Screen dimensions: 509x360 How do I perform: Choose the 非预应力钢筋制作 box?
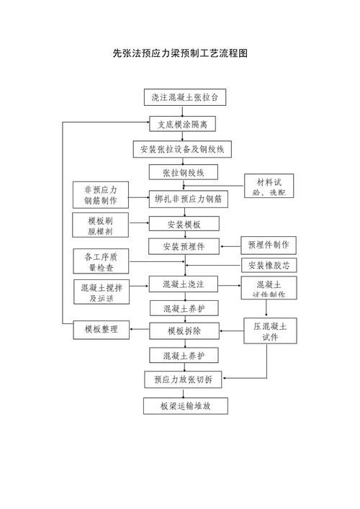click(x=101, y=195)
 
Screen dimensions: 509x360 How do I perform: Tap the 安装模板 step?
click(x=184, y=225)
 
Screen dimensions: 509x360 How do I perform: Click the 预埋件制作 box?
click(x=268, y=245)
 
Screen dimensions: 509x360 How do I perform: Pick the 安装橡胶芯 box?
click(x=268, y=265)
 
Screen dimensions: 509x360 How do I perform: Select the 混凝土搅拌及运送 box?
click(x=102, y=291)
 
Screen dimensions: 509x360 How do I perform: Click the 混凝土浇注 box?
click(x=184, y=284)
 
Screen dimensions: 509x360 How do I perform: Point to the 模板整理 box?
click(x=101, y=330)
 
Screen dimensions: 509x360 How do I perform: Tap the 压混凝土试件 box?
click(x=270, y=332)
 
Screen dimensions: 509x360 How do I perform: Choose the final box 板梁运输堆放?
click(x=185, y=406)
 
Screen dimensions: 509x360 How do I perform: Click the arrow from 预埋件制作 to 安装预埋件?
click(x=230, y=246)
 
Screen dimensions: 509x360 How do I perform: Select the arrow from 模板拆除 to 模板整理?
click(x=139, y=330)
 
